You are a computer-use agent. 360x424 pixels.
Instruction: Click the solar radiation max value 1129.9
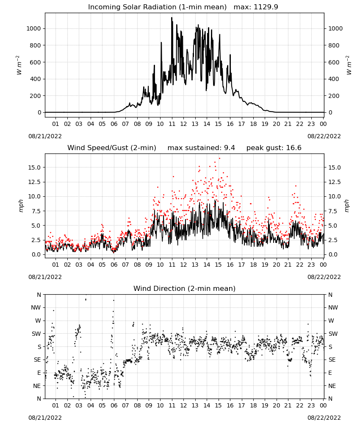point(266,7)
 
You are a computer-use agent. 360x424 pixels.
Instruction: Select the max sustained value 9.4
point(230,148)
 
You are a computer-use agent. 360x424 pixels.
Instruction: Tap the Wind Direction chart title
point(185,288)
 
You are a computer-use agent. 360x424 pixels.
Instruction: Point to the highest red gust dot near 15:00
point(219,158)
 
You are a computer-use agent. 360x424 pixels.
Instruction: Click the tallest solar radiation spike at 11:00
point(172,18)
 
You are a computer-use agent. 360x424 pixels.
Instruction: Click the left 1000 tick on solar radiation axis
point(33,28)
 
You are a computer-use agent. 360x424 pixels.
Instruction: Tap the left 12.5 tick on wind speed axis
point(34,182)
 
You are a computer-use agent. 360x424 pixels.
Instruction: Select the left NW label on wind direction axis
point(36,308)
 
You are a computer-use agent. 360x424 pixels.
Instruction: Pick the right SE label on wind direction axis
point(332,360)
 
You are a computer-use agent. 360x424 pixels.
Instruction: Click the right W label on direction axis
point(331,321)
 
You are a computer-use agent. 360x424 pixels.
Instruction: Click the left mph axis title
point(21,206)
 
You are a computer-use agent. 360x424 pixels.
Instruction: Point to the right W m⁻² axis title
point(349,65)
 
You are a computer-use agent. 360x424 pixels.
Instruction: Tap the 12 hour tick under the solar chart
point(183,124)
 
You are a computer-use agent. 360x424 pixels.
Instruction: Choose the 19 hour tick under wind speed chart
point(265,265)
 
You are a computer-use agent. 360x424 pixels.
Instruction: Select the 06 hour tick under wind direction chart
point(114,405)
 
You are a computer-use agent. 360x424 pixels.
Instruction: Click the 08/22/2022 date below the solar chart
point(324,136)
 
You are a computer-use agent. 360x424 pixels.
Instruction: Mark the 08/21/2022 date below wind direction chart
point(45,418)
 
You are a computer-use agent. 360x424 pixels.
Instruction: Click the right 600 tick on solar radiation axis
point(334,62)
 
